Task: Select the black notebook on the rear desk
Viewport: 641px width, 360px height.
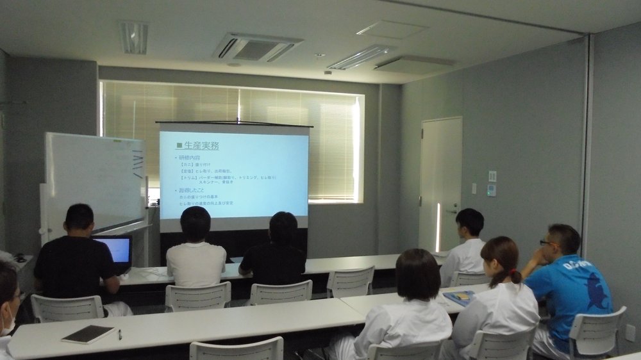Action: [88, 334]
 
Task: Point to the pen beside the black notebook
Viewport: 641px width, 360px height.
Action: [120, 334]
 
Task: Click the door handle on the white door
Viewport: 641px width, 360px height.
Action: [451, 211]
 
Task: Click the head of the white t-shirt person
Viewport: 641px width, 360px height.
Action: [196, 224]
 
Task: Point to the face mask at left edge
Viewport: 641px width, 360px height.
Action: [8, 326]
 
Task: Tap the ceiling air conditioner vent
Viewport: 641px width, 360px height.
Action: [257, 48]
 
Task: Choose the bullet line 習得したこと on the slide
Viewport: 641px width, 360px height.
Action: [193, 190]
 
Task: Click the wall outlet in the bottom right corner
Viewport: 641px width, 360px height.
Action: [630, 332]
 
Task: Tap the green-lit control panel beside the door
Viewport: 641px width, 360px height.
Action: [491, 190]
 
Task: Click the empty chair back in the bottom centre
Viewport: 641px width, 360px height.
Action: [237, 349]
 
